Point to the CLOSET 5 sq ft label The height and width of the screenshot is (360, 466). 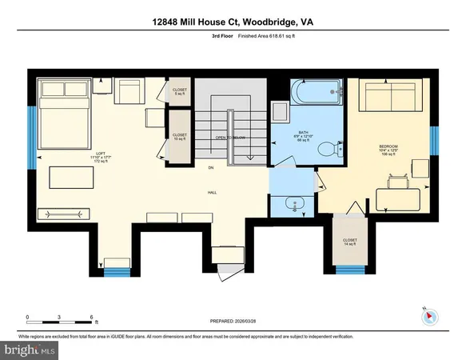[180, 92]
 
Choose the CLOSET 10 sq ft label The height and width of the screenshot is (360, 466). [180, 137]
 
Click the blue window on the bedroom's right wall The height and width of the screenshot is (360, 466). [435, 141]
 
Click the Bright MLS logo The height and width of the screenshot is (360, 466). [30, 350]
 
